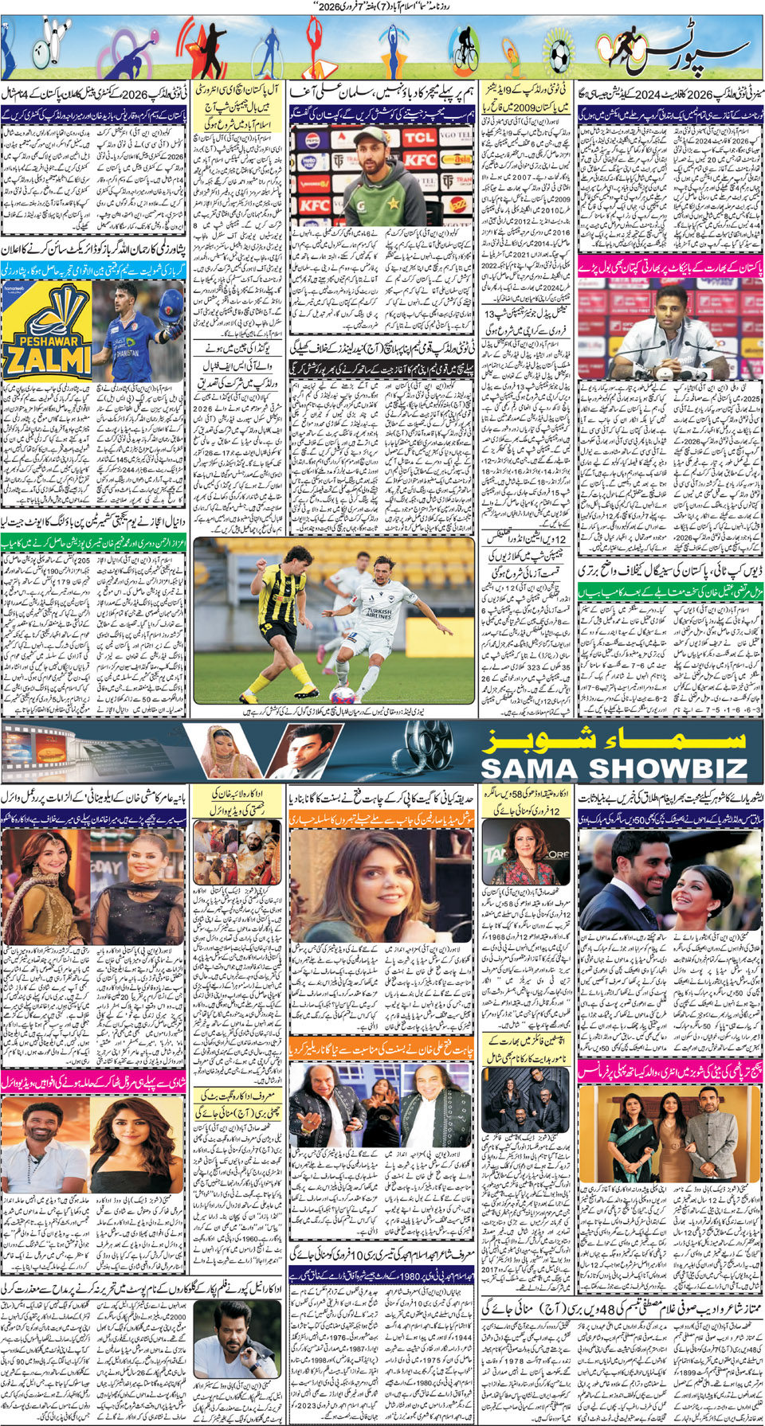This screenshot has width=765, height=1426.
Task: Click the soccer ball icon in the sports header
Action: pyautogui.click(x=560, y=53)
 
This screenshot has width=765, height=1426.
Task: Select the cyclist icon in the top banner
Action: pyautogui.click(x=465, y=49)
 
